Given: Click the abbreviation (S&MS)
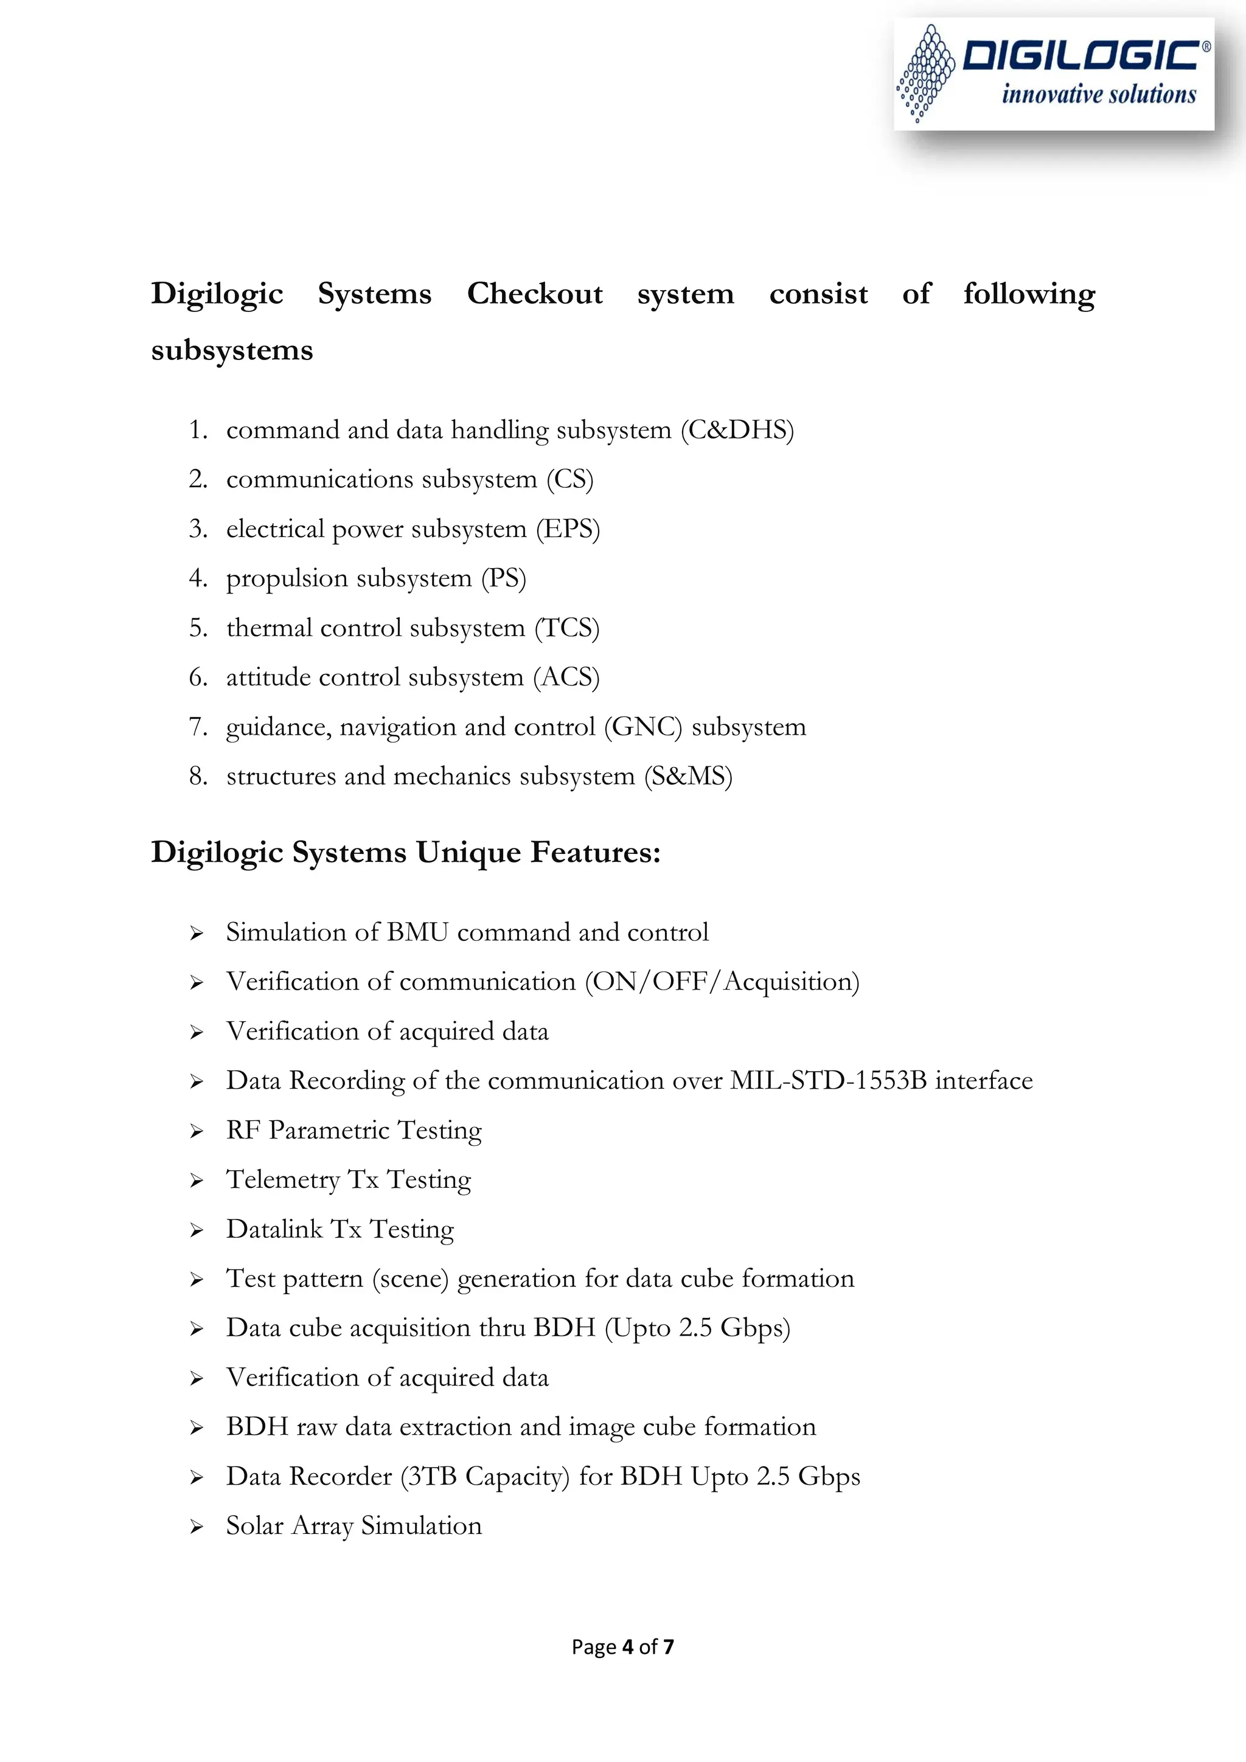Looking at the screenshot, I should click(689, 777).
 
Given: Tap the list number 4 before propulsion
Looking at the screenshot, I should click(197, 578).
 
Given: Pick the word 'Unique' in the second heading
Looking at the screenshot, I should click(468, 853).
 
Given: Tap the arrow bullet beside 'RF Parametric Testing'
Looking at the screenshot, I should click(197, 1132).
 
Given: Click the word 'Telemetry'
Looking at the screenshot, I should click(282, 1181).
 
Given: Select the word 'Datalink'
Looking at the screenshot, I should click(274, 1229).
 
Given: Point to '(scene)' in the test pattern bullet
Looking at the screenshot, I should click(410, 1279).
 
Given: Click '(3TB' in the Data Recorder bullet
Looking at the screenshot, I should click(428, 1477).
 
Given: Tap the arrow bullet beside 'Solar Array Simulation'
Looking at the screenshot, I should click(197, 1527).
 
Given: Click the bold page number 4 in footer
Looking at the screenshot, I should click(627, 1647).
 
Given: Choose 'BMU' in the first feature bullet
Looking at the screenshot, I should click(417, 932).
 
